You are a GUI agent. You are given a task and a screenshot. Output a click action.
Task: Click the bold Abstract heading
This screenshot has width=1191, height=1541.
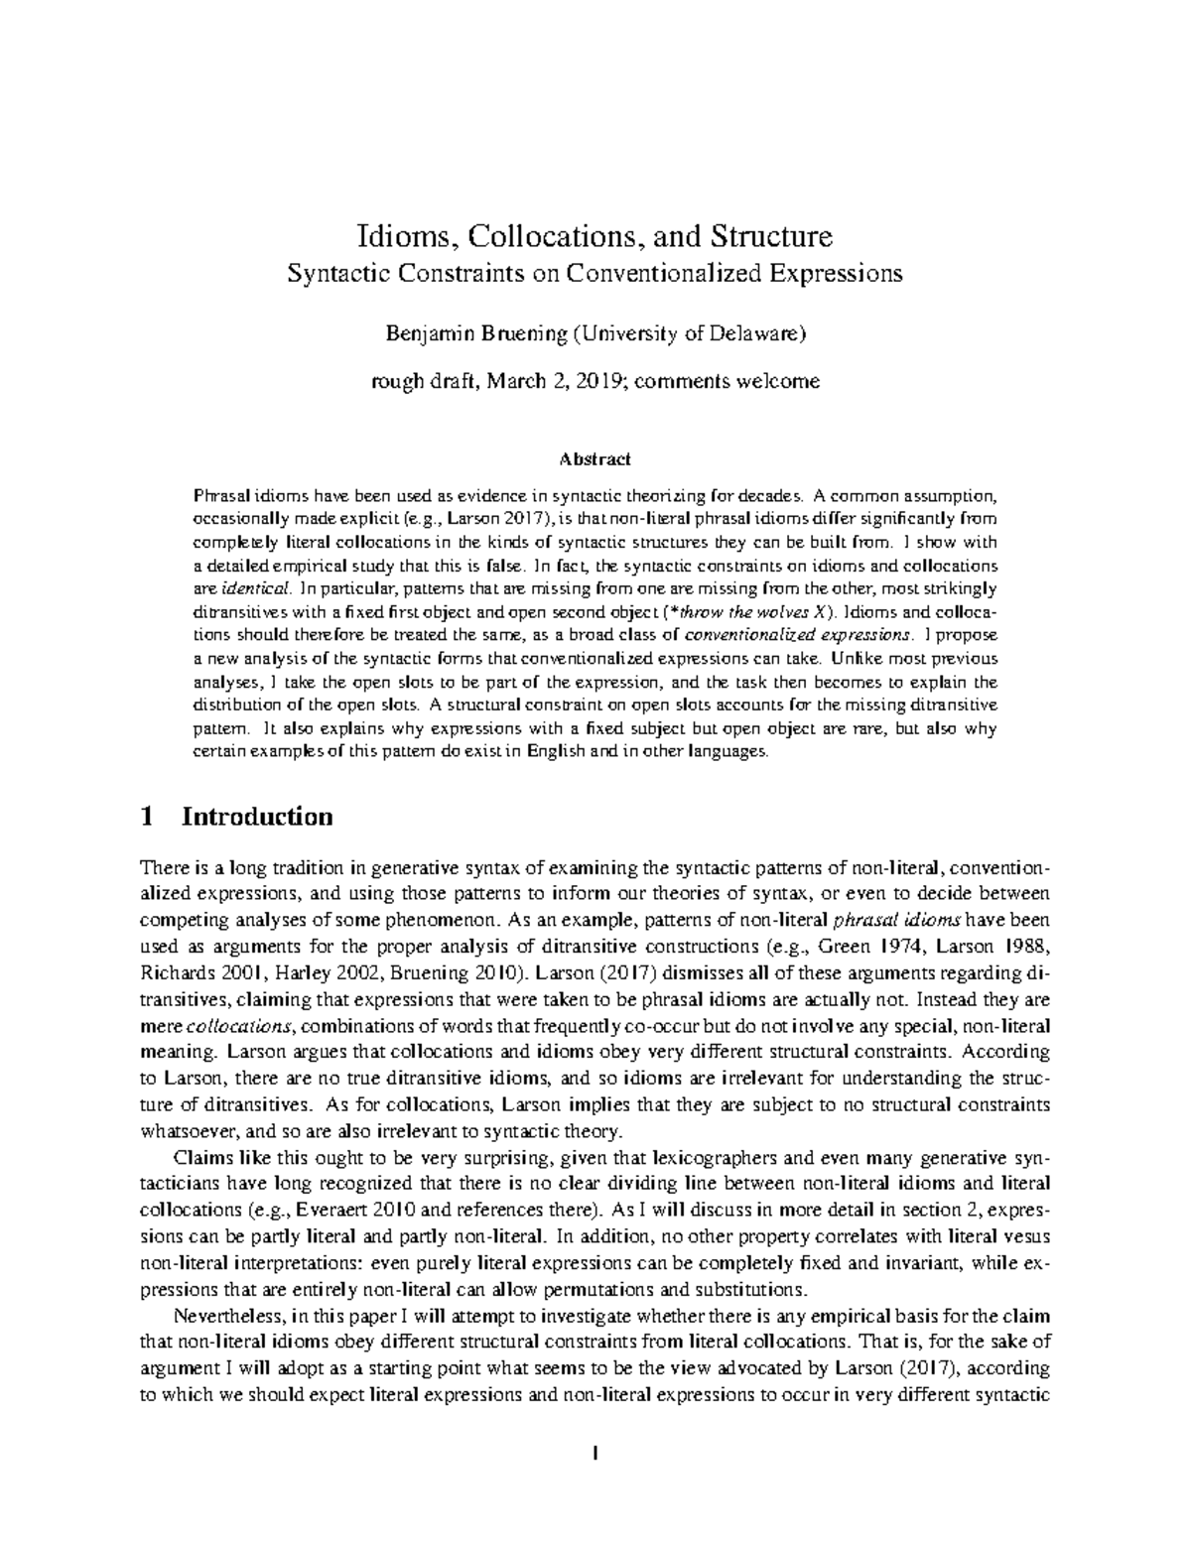pyautogui.click(x=595, y=459)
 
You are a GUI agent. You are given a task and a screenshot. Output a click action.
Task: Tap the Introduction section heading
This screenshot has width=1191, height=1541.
pyautogui.click(x=257, y=817)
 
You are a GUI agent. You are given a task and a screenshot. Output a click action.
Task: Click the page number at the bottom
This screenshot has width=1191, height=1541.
pyautogui.click(x=595, y=1456)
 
